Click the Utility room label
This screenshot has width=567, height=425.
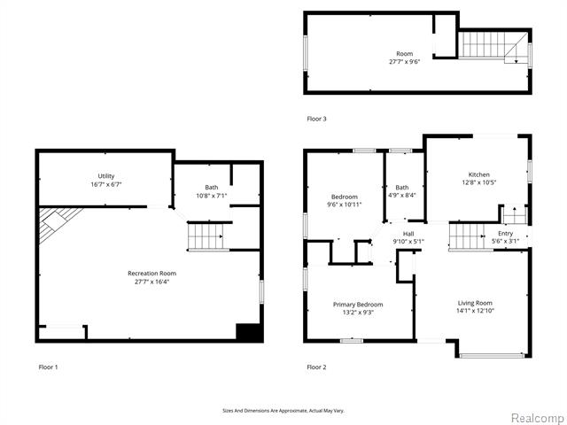(106, 176)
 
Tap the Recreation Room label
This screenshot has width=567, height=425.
(151, 274)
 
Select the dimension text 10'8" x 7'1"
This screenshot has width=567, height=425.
(212, 196)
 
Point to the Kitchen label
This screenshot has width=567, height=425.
(478, 174)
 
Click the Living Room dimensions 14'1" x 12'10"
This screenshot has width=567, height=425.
(475, 311)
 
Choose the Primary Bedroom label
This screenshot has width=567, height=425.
(358, 305)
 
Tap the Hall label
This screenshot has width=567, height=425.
(408, 234)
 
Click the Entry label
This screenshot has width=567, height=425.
(505, 234)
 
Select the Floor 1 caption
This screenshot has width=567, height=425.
(48, 367)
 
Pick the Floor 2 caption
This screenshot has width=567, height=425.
(316, 367)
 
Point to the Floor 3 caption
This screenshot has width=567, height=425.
(316, 119)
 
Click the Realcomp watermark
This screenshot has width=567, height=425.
(539, 418)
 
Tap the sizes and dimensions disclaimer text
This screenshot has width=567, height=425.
(283, 411)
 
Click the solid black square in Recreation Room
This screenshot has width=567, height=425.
(248, 332)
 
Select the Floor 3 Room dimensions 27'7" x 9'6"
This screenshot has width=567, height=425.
(404, 62)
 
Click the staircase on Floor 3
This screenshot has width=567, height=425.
(493, 46)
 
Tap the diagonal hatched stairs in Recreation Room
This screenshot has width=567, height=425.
(58, 224)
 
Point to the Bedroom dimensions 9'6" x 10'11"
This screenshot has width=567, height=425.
(345, 205)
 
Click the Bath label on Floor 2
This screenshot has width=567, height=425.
(401, 187)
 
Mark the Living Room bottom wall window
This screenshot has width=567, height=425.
(493, 356)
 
